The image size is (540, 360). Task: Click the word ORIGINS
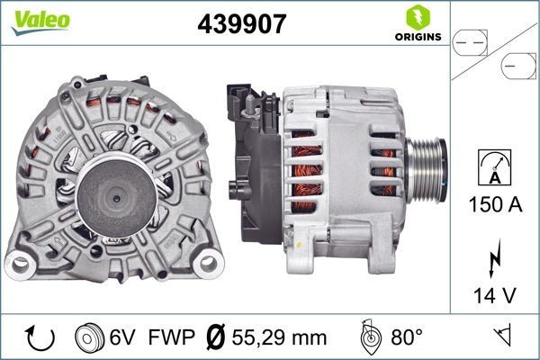pos(416,38)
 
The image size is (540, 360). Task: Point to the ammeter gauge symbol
pos(495,170)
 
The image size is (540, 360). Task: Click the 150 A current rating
pos(495,205)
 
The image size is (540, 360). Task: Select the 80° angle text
pos(406,338)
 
